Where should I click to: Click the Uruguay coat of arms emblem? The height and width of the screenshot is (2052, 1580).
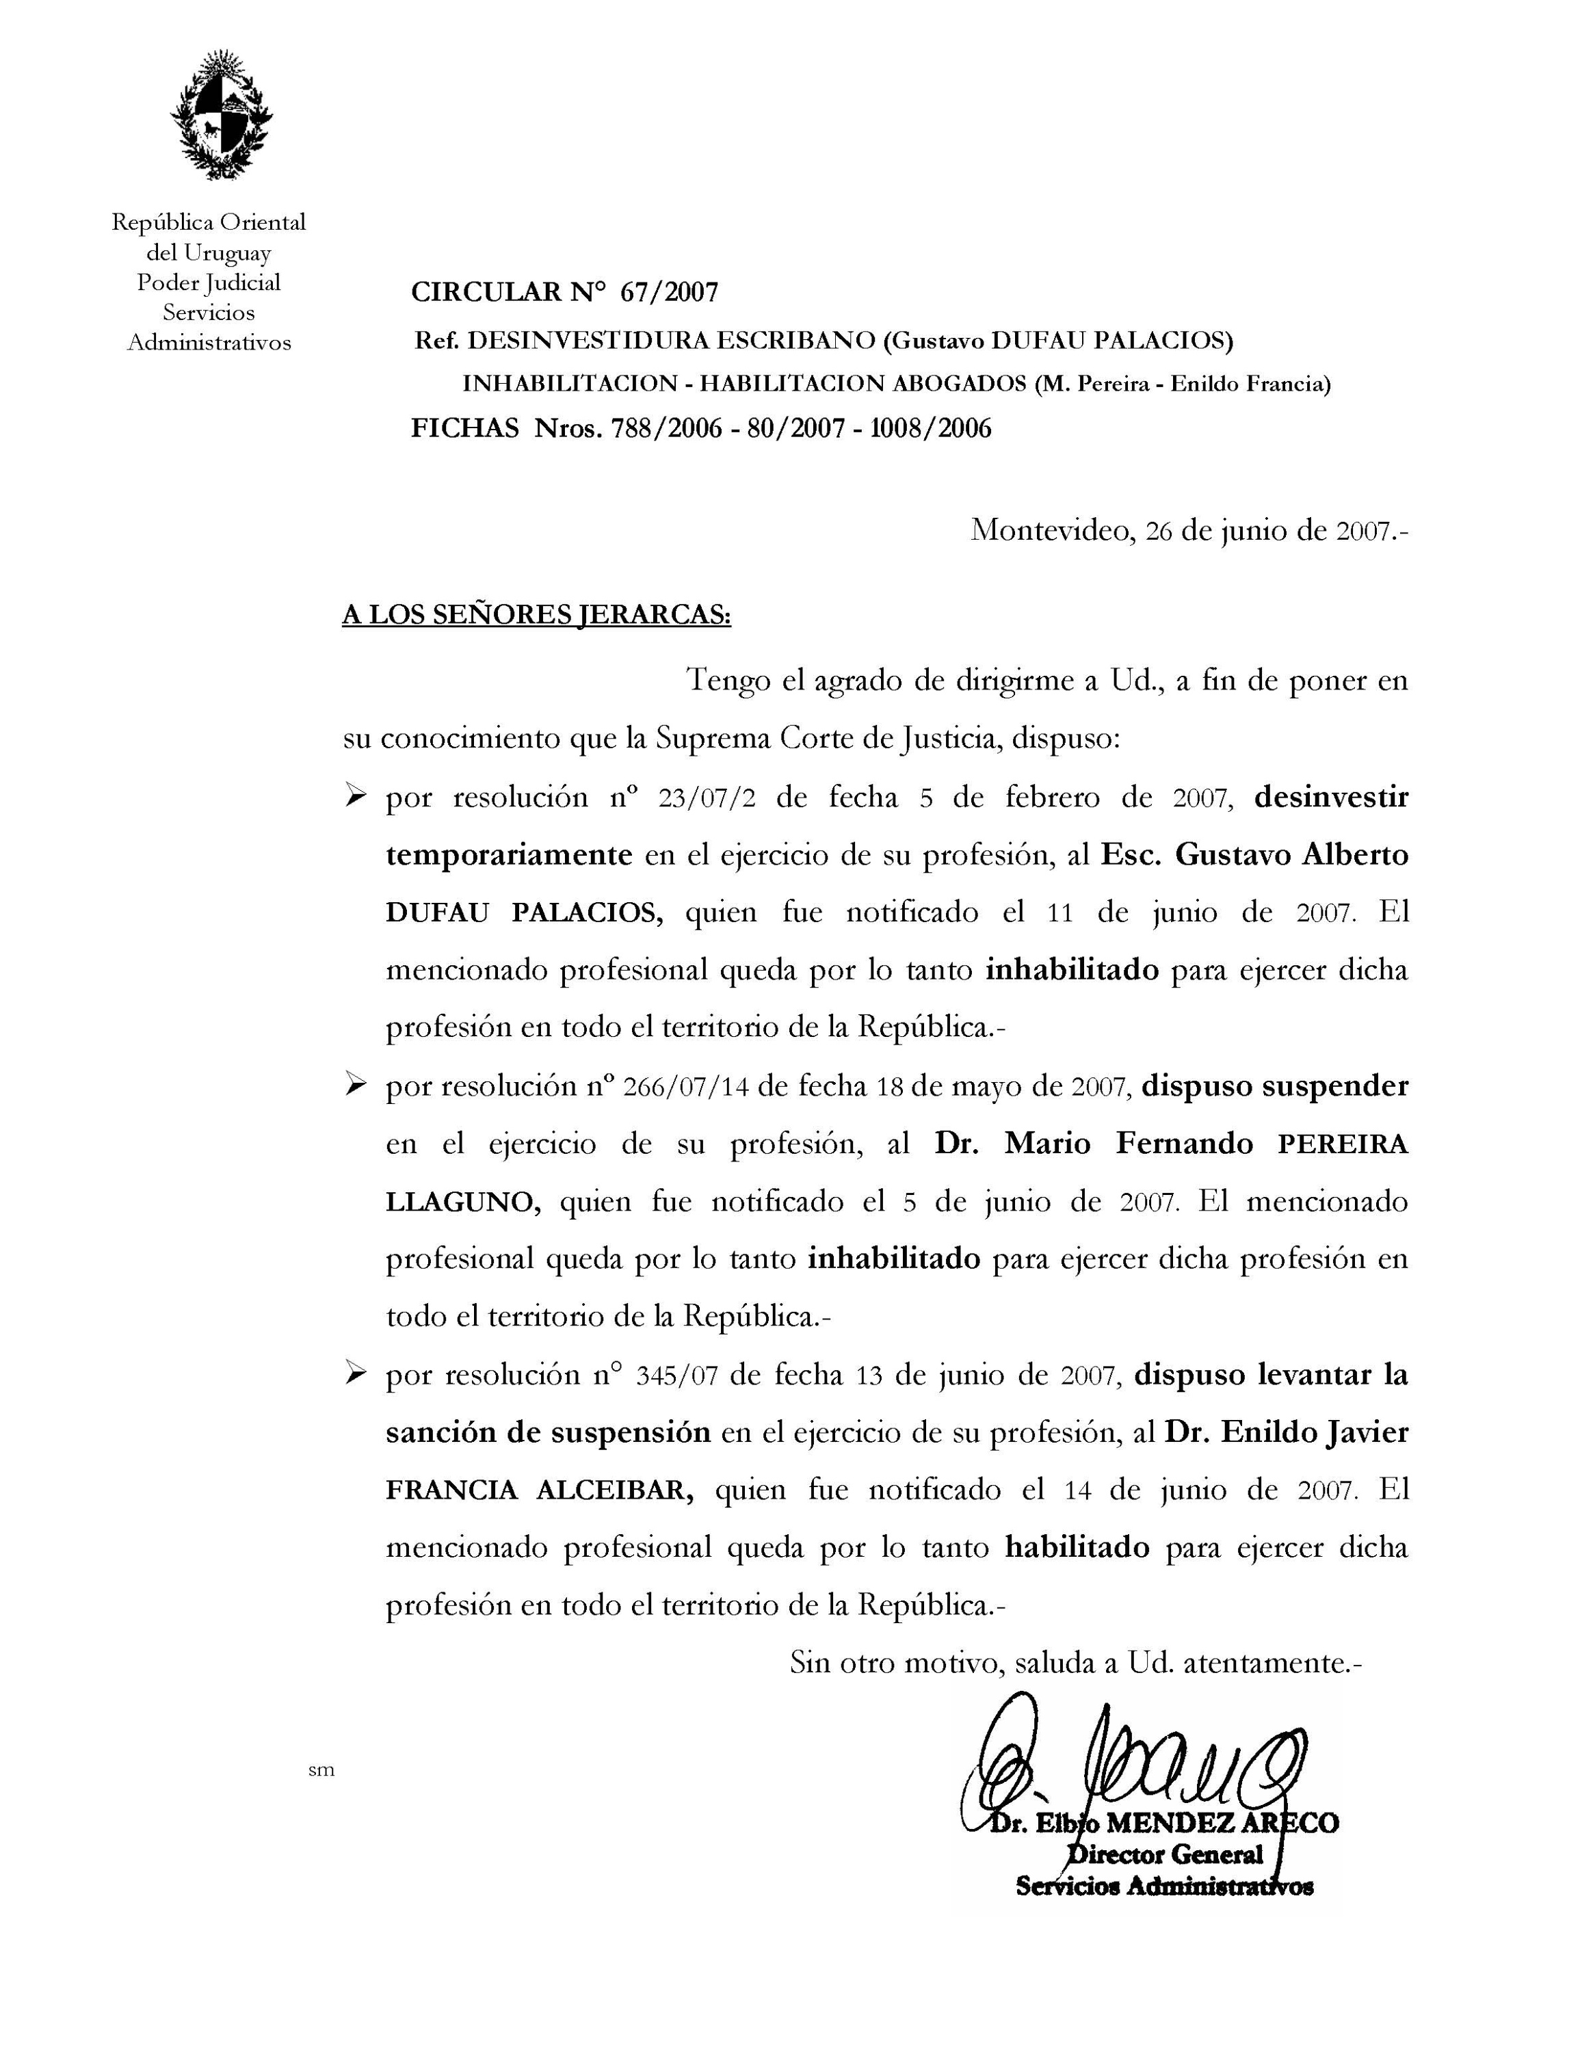(221, 115)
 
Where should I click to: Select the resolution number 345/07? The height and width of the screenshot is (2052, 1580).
(676, 1376)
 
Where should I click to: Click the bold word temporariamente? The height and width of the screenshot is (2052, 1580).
(508, 855)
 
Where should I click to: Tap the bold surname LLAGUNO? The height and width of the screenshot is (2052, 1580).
(463, 1202)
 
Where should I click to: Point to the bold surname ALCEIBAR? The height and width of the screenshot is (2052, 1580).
(614, 1491)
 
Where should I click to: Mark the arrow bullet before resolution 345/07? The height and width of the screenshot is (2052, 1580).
(355, 1375)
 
